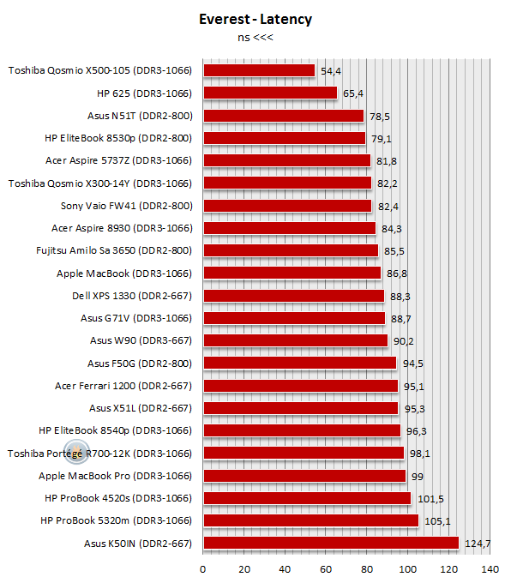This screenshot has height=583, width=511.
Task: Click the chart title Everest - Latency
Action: pos(255,20)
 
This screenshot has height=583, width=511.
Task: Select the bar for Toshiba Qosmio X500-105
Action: pos(259,70)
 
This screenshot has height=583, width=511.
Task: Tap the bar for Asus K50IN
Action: pos(331,543)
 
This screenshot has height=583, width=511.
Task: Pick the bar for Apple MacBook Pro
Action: pos(304,476)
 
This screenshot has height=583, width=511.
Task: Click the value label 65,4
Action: pos(353,93)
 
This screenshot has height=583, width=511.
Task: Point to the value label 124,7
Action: pos(478,544)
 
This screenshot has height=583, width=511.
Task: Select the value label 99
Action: pos(418,477)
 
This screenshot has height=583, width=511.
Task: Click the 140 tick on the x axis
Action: pos(490,569)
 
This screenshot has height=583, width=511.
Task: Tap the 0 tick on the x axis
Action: pos(202,569)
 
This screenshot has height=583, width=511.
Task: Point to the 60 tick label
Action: pos(326,569)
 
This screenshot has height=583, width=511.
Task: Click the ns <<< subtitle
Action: pos(255,38)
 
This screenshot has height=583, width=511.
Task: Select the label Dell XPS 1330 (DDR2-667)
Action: pos(132,296)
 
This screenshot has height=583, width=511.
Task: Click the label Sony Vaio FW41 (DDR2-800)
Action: pos(126,206)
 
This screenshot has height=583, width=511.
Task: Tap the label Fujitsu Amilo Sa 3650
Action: pos(86,250)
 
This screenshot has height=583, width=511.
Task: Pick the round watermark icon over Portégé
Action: pos(76,452)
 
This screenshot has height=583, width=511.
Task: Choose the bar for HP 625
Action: pos(270,93)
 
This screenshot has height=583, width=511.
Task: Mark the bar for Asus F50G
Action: pos(300,363)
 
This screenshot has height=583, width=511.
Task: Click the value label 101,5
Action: pos(430,499)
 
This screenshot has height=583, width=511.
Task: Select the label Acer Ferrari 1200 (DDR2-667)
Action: pos(123,386)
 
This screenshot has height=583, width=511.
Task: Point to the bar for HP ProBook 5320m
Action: pos(311,520)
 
